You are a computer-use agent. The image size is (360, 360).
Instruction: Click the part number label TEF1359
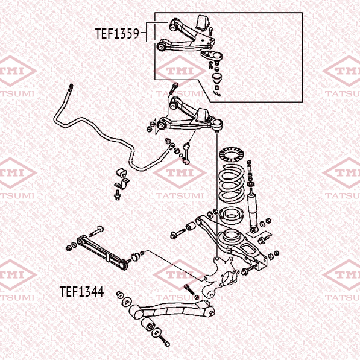(117, 34)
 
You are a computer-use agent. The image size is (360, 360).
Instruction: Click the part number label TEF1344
(81, 292)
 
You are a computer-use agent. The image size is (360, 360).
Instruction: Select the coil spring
(231, 183)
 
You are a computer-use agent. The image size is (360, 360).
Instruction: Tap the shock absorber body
(253, 212)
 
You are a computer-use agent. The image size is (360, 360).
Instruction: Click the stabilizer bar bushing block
(121, 173)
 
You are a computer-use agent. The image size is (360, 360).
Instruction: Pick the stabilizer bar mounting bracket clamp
(122, 185)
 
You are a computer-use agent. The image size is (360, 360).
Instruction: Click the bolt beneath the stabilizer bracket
(117, 195)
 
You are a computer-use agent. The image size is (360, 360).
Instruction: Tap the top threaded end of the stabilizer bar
(71, 88)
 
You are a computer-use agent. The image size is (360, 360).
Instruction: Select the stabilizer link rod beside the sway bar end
(186, 153)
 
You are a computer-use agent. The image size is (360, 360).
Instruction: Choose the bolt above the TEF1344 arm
(96, 231)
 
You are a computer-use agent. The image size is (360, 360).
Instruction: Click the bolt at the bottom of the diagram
(164, 341)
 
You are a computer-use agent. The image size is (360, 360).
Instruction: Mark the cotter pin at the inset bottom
(217, 93)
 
